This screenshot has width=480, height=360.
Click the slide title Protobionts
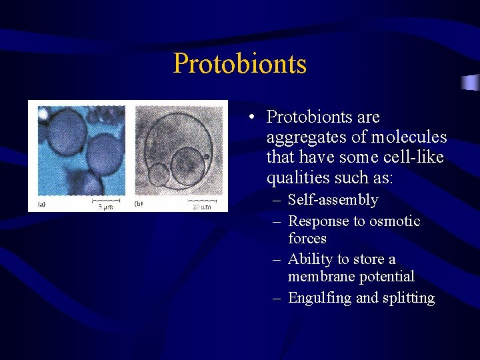pyautogui.click(x=240, y=64)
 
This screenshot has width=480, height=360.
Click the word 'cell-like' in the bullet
pyautogui.click(x=411, y=157)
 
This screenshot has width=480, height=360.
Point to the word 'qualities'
pyautogui.click(x=297, y=177)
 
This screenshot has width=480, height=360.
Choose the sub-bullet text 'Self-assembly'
pyautogui.click(x=333, y=200)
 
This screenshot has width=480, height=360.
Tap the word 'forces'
pyautogui.click(x=307, y=238)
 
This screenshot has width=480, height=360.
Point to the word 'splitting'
pyautogui.click(x=409, y=298)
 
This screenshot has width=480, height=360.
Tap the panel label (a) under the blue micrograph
pyautogui.click(x=42, y=203)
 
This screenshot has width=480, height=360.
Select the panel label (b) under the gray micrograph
pyautogui.click(x=139, y=203)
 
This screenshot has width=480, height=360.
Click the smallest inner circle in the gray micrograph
pyautogui.click(x=158, y=175)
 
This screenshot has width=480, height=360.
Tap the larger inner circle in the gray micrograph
pyautogui.click(x=186, y=163)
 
